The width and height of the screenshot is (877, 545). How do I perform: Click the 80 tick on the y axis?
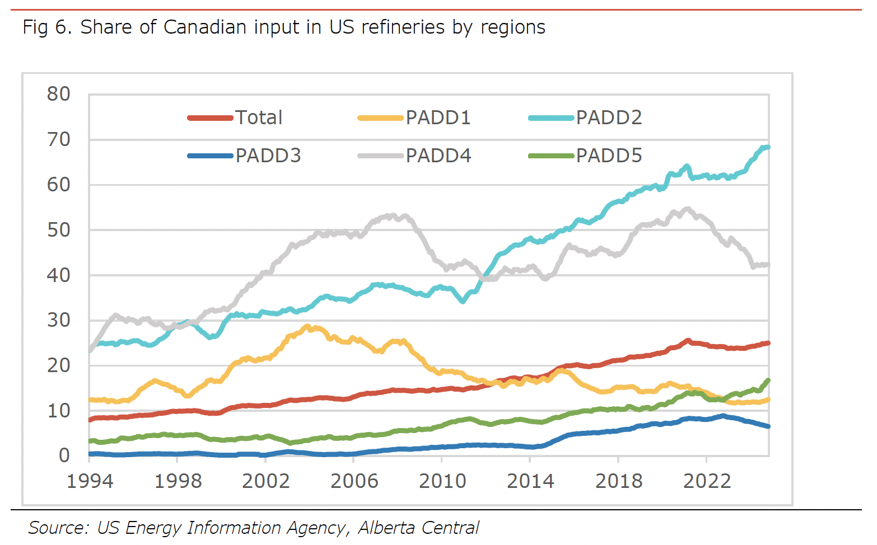coord(59,94)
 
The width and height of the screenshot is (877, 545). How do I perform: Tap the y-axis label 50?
coord(59,230)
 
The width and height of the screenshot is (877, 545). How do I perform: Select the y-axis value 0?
coord(64,455)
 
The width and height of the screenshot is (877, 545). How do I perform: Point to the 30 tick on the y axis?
coord(59,320)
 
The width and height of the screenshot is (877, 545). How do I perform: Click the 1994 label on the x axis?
coord(90,481)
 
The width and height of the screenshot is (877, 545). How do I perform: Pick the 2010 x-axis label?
coord(442,481)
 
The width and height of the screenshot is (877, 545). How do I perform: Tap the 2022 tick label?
coord(707,481)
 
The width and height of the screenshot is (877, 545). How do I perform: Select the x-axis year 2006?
coord(354,481)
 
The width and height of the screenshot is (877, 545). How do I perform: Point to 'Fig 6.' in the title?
coord(47,27)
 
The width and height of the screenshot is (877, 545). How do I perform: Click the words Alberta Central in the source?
coord(418,528)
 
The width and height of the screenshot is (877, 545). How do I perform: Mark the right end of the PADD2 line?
coord(768,147)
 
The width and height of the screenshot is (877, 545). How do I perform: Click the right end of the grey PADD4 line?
coord(768,265)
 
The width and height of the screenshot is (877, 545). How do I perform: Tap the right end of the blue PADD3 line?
coord(768,426)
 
